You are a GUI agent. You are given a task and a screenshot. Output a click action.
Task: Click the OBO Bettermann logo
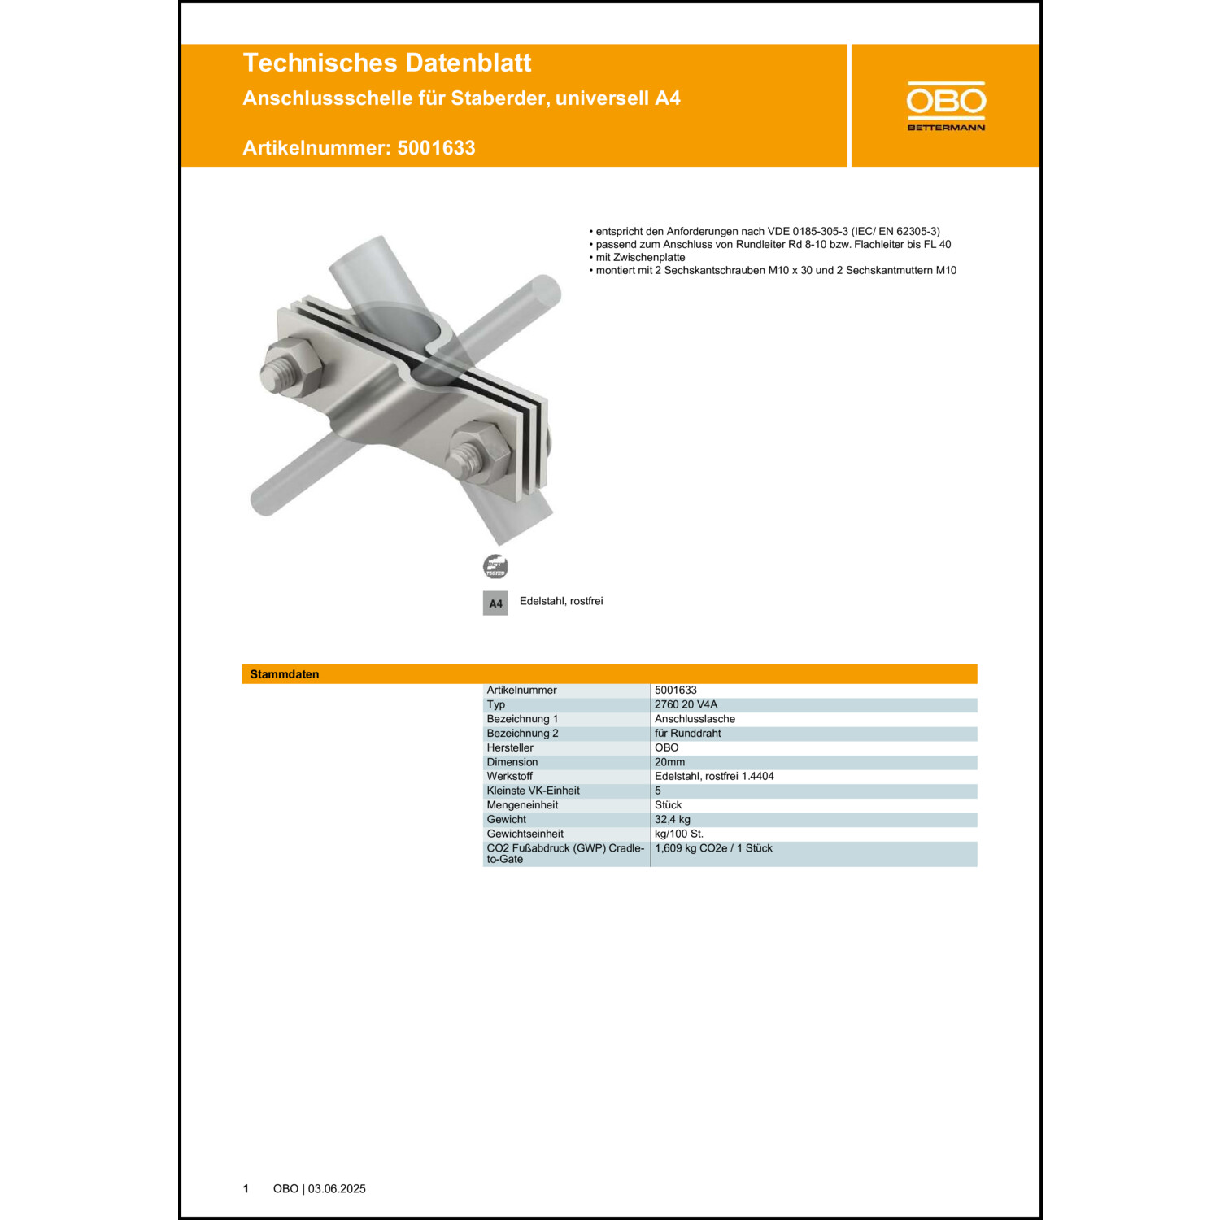click(x=946, y=106)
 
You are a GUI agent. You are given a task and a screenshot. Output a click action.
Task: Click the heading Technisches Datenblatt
click(x=386, y=63)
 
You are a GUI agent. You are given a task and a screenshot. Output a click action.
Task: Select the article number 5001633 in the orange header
click(x=436, y=148)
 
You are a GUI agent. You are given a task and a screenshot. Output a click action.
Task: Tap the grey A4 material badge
click(x=495, y=603)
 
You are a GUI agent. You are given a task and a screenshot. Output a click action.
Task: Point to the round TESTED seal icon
click(x=495, y=566)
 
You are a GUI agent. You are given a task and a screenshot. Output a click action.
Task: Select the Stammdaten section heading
click(x=285, y=674)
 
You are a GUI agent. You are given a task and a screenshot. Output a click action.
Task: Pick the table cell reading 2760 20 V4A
click(x=686, y=704)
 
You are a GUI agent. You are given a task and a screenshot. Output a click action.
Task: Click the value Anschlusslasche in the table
click(x=695, y=719)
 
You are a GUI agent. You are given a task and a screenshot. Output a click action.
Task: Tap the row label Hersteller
click(x=510, y=747)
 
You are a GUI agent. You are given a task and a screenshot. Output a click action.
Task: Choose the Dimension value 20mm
click(x=669, y=762)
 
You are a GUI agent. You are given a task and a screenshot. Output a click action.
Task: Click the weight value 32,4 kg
click(x=672, y=819)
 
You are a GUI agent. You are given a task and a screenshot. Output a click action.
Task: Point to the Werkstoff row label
click(x=509, y=776)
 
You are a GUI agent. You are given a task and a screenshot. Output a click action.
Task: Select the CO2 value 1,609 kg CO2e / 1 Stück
click(x=713, y=848)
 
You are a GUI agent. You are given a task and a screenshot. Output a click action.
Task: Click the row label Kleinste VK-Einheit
click(x=533, y=791)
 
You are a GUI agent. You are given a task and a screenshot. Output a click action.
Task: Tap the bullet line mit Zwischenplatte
click(x=640, y=257)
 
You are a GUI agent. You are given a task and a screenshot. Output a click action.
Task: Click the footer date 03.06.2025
click(x=337, y=1188)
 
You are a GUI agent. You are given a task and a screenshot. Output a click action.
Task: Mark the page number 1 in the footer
click(x=246, y=1188)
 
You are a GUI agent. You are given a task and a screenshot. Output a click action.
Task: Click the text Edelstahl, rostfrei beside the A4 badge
click(x=561, y=601)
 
